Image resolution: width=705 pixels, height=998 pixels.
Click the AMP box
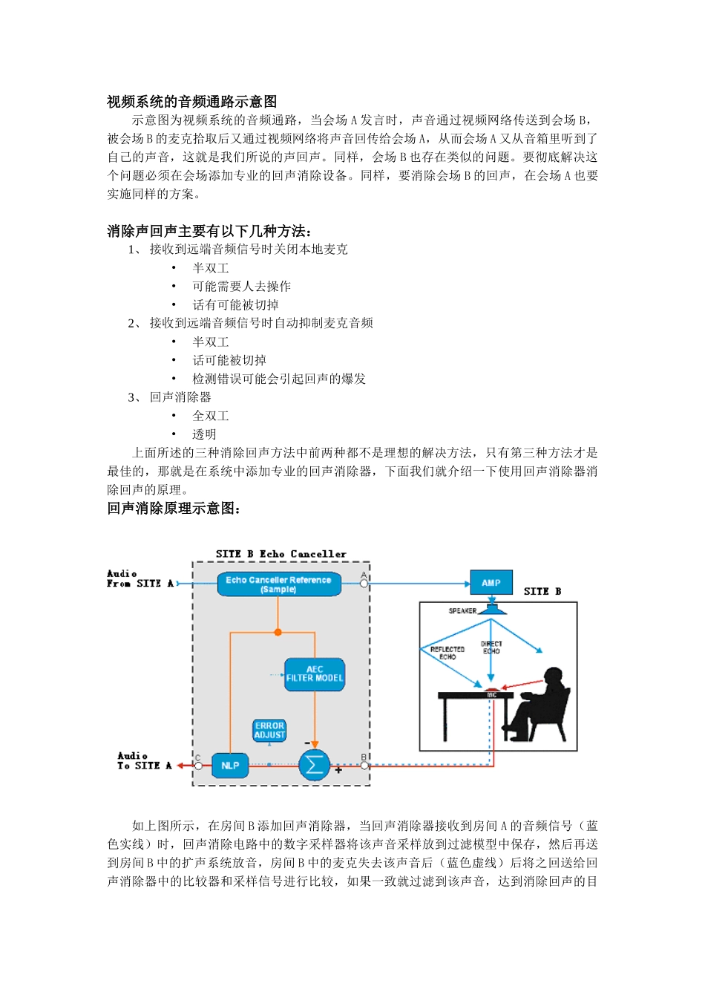coord(491,583)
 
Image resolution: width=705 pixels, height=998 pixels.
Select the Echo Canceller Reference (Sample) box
coord(278,584)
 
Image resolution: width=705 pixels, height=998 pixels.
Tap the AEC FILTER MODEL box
coord(315,674)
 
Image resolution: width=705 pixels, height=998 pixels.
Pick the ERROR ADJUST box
coord(269,730)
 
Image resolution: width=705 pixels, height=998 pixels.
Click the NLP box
coord(230,766)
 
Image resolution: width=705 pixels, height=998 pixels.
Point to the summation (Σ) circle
coord(314,766)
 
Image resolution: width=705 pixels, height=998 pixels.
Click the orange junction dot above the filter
coord(278,633)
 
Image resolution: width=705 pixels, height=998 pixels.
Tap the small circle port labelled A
coord(364,584)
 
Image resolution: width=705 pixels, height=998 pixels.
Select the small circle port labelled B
coord(364,766)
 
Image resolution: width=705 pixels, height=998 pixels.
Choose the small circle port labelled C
coord(198,766)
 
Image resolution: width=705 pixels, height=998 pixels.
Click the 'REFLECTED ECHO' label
coord(447,653)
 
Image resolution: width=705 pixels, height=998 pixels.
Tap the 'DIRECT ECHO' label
coord(491,648)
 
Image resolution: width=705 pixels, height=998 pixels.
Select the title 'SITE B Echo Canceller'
coord(281,554)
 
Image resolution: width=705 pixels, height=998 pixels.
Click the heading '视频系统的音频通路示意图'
coord(191,102)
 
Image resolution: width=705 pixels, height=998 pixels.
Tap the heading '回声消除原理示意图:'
coord(174,509)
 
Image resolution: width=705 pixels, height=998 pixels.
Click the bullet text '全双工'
coord(211,416)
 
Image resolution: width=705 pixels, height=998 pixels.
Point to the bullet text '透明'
coord(204,434)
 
